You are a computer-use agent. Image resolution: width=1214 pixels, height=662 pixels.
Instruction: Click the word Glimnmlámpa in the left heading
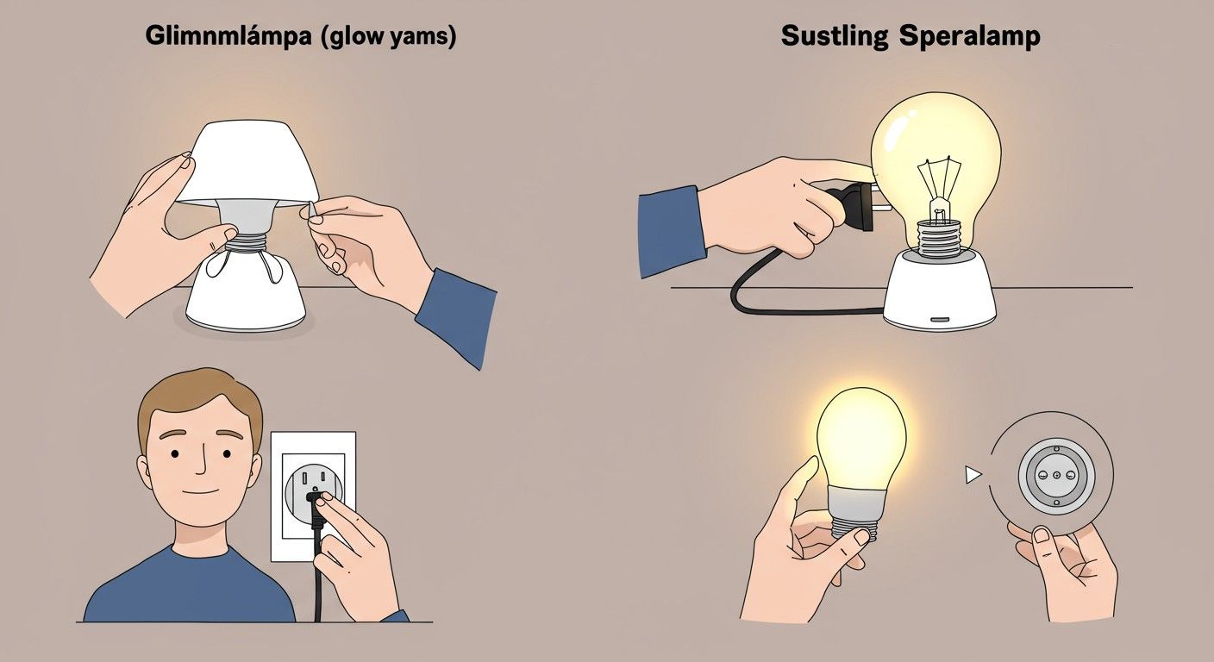pyautogui.click(x=228, y=36)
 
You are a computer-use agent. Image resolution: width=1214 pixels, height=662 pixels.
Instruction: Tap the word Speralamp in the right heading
pyautogui.click(x=970, y=36)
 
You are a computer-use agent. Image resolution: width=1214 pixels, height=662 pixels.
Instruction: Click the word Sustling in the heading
pyautogui.click(x=834, y=36)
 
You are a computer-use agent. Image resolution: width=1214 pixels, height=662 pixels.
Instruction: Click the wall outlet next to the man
pyautogui.click(x=313, y=496)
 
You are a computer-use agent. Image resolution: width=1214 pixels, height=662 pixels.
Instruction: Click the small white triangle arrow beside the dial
pyautogui.click(x=973, y=475)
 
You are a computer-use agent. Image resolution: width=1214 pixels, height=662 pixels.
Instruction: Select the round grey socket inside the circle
pyautogui.click(x=1055, y=476)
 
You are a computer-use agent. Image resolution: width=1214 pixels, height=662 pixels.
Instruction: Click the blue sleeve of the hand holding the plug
pyautogui.click(x=672, y=231)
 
